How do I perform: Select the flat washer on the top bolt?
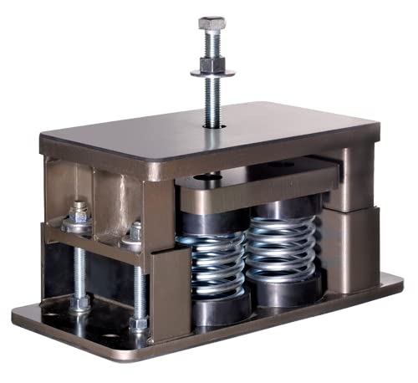click(212, 73)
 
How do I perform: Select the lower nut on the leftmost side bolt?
click(80, 302)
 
